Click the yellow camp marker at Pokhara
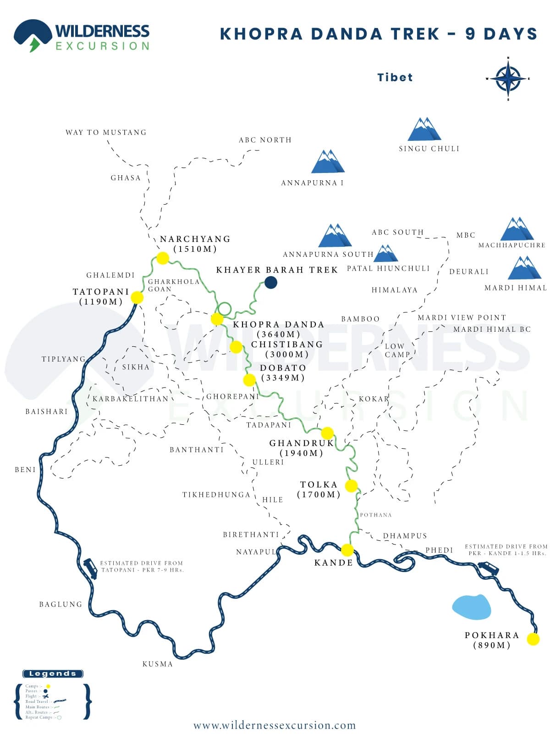pos(533,639)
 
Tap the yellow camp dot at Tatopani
pos(137,297)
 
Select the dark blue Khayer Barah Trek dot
pos(271,282)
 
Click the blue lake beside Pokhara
pos(471,606)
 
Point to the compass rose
pos(508,78)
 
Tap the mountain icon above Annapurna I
pos(327,161)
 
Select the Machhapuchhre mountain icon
pos(517,229)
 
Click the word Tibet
pos(395,77)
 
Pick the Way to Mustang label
pos(106,132)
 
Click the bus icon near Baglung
pos(90,568)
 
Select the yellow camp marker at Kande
pos(347,550)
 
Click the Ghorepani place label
pos(232,396)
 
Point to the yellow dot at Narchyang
pos(163,258)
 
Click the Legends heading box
pos(53,673)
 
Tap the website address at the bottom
pos(275,725)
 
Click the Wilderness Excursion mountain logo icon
pos(32,35)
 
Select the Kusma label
pos(157,664)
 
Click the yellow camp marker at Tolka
pos(351,486)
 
